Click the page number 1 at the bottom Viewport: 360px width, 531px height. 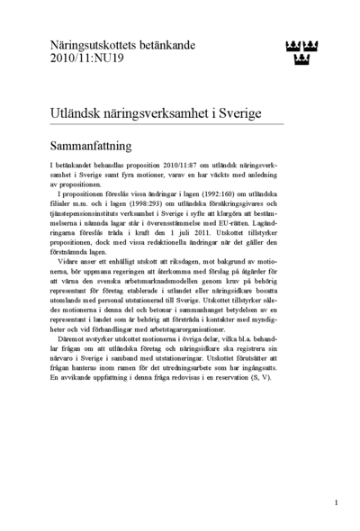pyautogui.click(x=335, y=502)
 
